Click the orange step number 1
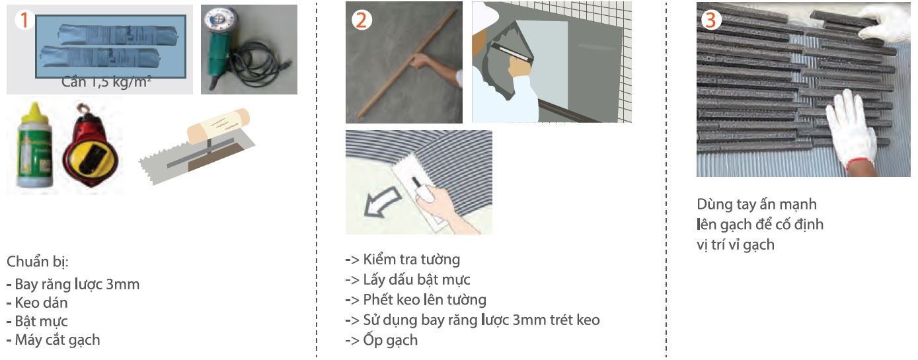pyautogui.click(x=24, y=20)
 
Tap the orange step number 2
pyautogui.click(x=362, y=20)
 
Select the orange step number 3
pyautogui.click(x=711, y=20)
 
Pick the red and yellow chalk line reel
pyautogui.click(x=90, y=147)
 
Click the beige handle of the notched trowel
pyautogui.click(x=218, y=126)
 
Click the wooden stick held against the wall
pyautogui.click(x=407, y=64)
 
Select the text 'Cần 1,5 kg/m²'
pyautogui.click(x=106, y=83)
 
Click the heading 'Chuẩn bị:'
pyautogui.click(x=37, y=262)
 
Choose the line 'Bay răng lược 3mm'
pyautogui.click(x=77, y=284)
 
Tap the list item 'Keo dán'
pyautogui.click(x=41, y=303)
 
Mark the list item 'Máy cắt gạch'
pyautogui.click(x=57, y=340)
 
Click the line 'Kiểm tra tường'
pyautogui.click(x=412, y=260)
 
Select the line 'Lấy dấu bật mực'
pyautogui.click(x=416, y=279)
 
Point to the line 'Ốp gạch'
pyautogui.click(x=390, y=340)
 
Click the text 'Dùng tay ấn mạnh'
pyautogui.click(x=757, y=204)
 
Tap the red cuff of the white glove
pyautogui.click(x=859, y=164)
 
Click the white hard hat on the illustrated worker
pyautogui.click(x=484, y=16)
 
